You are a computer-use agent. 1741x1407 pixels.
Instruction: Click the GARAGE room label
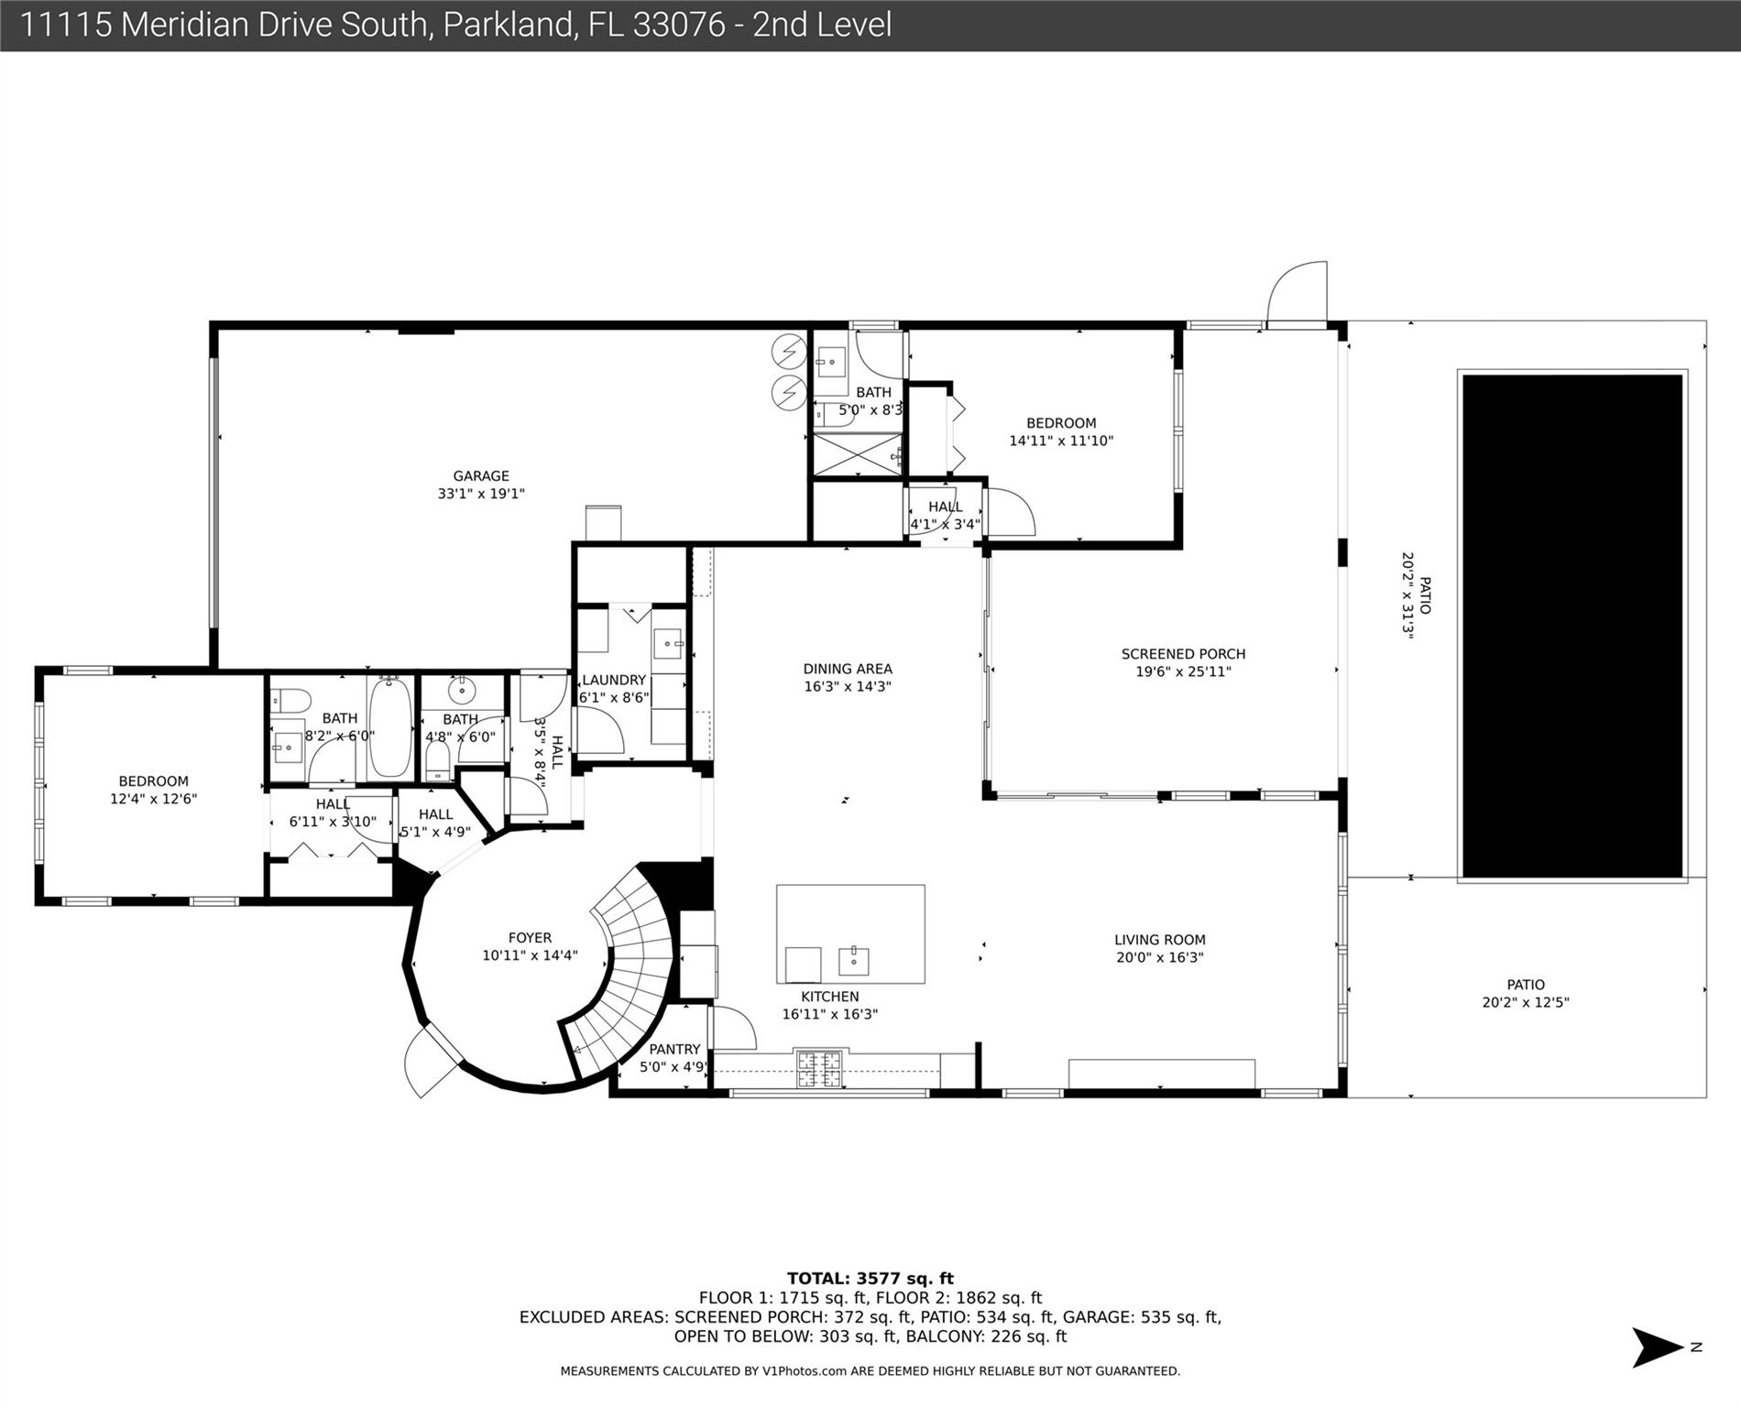pyautogui.click(x=481, y=476)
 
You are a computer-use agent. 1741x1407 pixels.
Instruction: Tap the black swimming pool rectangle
pyautogui.click(x=1572, y=626)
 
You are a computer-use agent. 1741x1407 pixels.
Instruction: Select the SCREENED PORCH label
pyautogui.click(x=1183, y=654)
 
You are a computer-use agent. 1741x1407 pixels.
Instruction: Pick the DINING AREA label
pyautogui.click(x=848, y=669)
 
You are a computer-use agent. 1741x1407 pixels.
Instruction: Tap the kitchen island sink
pyautogui.click(x=854, y=961)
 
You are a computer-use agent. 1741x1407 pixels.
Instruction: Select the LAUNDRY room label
pyautogui.click(x=614, y=680)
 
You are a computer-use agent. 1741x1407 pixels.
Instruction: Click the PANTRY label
pyautogui.click(x=674, y=1050)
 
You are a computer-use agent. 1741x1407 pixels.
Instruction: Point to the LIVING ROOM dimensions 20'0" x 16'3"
pyautogui.click(x=1160, y=958)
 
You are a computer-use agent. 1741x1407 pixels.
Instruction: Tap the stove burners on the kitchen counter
pyautogui.click(x=817, y=1069)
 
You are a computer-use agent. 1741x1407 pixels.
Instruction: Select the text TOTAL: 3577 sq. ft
pyautogui.click(x=870, y=1279)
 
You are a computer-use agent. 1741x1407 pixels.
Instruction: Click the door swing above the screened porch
pyautogui.click(x=1297, y=293)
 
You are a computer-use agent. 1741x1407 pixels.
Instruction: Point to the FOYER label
pyautogui.click(x=530, y=938)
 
